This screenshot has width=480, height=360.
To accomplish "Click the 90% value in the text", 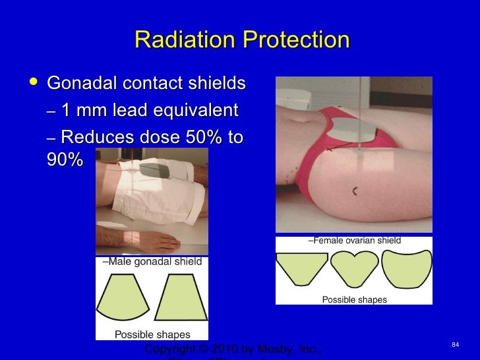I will [x=65, y=160].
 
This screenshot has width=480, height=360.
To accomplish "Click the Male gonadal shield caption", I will [x=152, y=262].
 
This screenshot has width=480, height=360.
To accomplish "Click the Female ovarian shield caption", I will [x=354, y=241].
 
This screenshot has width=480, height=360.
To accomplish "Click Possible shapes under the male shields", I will [x=152, y=334].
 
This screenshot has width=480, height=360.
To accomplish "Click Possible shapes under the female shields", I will [x=354, y=300].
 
